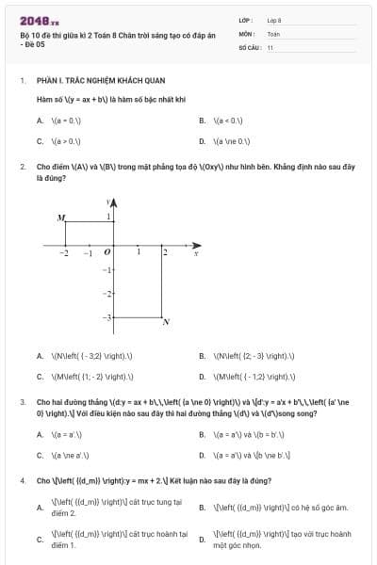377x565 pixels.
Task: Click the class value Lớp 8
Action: click(274, 19)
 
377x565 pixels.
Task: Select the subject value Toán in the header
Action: click(273, 32)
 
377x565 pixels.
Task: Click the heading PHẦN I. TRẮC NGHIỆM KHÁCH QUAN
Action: click(90, 81)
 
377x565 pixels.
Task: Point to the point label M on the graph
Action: click(61, 218)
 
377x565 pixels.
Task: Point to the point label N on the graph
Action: click(166, 323)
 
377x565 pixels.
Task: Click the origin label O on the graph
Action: click(106, 252)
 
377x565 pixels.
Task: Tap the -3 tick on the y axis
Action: click(106, 317)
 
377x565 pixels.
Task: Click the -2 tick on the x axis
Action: click(64, 253)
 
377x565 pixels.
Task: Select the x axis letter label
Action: click(195, 252)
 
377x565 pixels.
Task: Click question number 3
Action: click(22, 401)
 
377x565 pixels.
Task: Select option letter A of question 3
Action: click(40, 434)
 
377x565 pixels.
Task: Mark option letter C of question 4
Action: click(40, 540)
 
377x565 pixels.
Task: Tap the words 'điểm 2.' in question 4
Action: click(63, 513)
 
